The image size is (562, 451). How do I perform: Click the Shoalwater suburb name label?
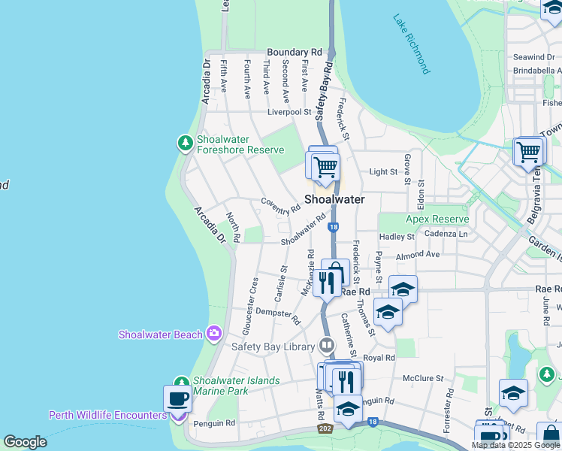coord(334,200)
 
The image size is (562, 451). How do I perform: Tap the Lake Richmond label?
coord(412,44)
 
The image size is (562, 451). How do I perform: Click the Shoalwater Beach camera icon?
coord(214,333)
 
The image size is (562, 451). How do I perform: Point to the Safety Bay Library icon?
coord(327,346)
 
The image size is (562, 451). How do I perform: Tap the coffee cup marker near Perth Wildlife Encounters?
coord(177,398)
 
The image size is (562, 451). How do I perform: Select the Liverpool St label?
coord(289,112)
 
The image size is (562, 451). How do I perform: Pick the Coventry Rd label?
coord(280,202)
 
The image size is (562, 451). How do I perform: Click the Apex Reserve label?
coord(437,219)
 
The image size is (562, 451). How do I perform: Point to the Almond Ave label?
coord(418,255)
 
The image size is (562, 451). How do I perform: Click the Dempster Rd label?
coord(278,311)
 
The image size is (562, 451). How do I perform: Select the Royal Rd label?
coord(379,359)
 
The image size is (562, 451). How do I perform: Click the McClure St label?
coord(420,378)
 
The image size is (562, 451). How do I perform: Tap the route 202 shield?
coord(325,428)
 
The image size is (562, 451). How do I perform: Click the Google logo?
coord(25,442)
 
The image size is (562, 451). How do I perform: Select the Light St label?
coord(383,172)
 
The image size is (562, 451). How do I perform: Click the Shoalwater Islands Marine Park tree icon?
coord(180,383)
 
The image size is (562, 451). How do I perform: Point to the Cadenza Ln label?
coord(446,234)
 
